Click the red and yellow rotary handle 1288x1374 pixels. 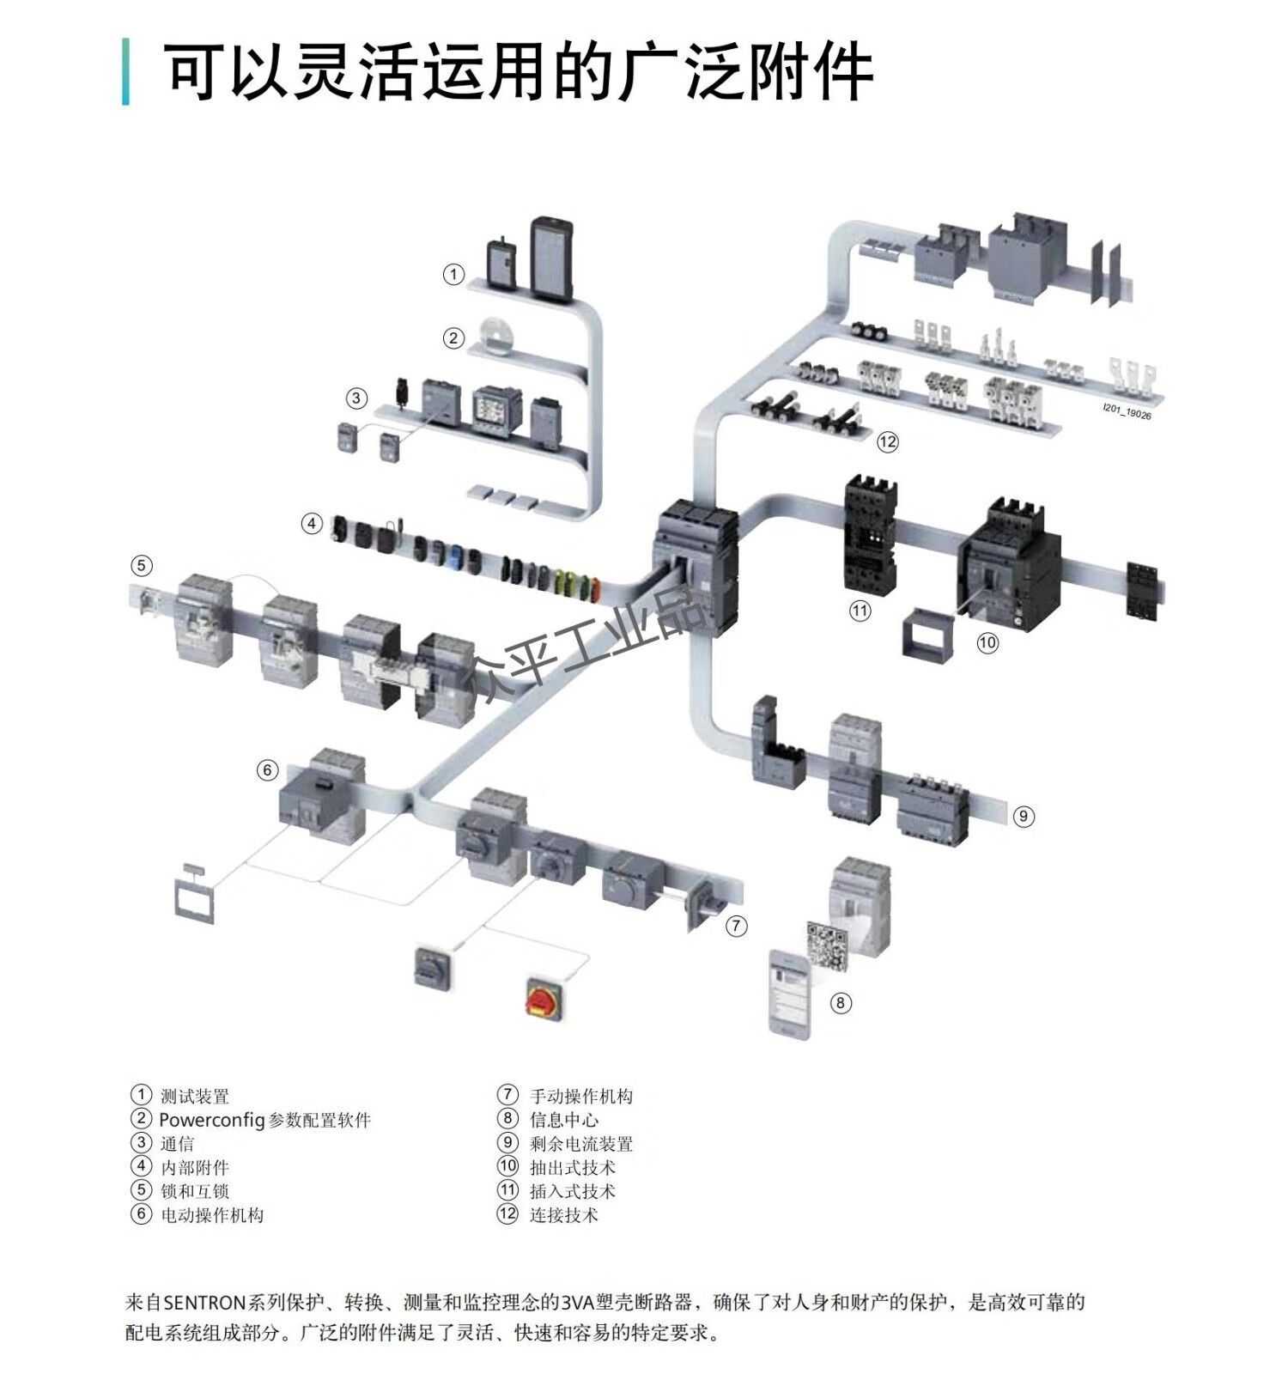(x=544, y=997)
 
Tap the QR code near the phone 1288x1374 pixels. (x=829, y=945)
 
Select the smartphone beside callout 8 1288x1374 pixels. (x=789, y=994)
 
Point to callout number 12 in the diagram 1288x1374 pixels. (x=887, y=441)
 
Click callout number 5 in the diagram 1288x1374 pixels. (x=142, y=565)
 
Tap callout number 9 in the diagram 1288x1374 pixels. (x=1024, y=816)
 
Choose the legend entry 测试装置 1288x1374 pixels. (x=195, y=1096)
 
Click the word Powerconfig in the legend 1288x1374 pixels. (x=211, y=1120)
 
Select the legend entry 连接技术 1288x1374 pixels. (x=563, y=1214)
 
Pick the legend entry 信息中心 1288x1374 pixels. (x=563, y=1119)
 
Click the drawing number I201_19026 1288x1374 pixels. (x=1127, y=412)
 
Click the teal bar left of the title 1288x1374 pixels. (x=126, y=71)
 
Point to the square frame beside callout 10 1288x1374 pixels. (x=927, y=634)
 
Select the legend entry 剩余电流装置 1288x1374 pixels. (x=580, y=1143)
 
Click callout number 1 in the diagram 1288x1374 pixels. (x=453, y=274)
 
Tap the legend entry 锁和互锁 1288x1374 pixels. (x=195, y=1191)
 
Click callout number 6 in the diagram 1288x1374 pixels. (x=267, y=770)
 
